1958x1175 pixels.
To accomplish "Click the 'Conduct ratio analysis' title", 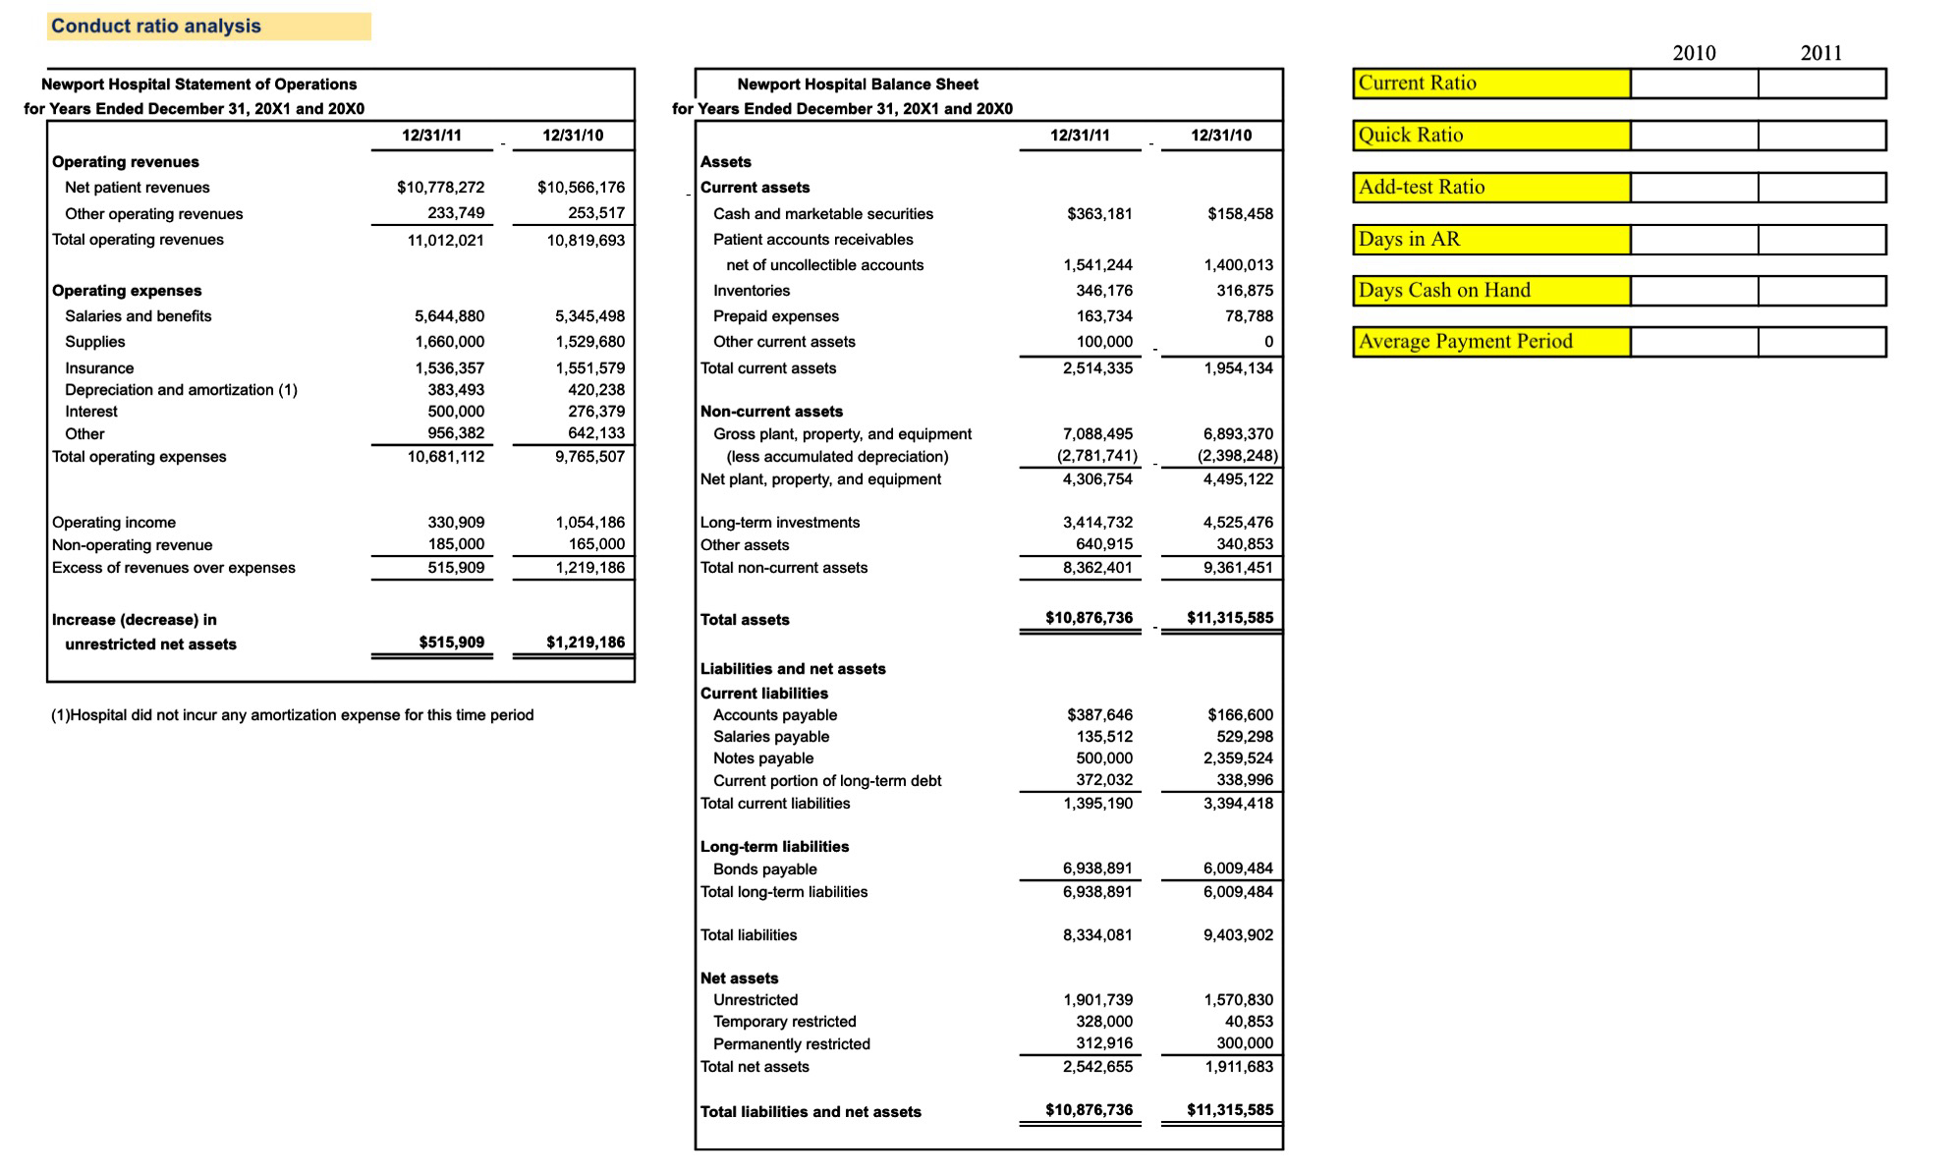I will pyautogui.click(x=156, y=27).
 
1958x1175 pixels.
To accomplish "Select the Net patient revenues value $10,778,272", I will pyautogui.click(x=440, y=188).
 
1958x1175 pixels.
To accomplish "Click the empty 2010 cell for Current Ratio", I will pyautogui.click(x=1693, y=84).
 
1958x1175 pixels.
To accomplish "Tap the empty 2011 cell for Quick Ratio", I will pyautogui.click(x=1820, y=136).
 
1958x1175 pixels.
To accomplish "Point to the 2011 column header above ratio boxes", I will pyautogui.click(x=1820, y=53).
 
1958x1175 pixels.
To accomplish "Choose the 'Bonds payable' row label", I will pyautogui.click(x=764, y=869).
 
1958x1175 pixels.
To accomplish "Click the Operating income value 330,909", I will pyautogui.click(x=456, y=523).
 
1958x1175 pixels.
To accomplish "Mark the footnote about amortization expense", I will pyautogui.click(x=293, y=715).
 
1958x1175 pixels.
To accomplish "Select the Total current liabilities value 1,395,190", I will pyautogui.click(x=1097, y=804).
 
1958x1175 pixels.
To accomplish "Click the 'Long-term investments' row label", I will pyautogui.click(x=779, y=523).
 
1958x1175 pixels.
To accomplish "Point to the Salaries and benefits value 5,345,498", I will pyautogui.click(x=589, y=316).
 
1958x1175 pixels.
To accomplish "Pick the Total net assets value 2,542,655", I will pyautogui.click(x=1097, y=1067).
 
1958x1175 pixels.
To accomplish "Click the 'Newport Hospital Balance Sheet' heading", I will pyautogui.click(x=857, y=84).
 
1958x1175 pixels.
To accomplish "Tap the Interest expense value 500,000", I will pyautogui.click(x=456, y=412).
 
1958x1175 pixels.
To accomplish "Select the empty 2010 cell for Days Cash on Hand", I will pyautogui.click(x=1693, y=291).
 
